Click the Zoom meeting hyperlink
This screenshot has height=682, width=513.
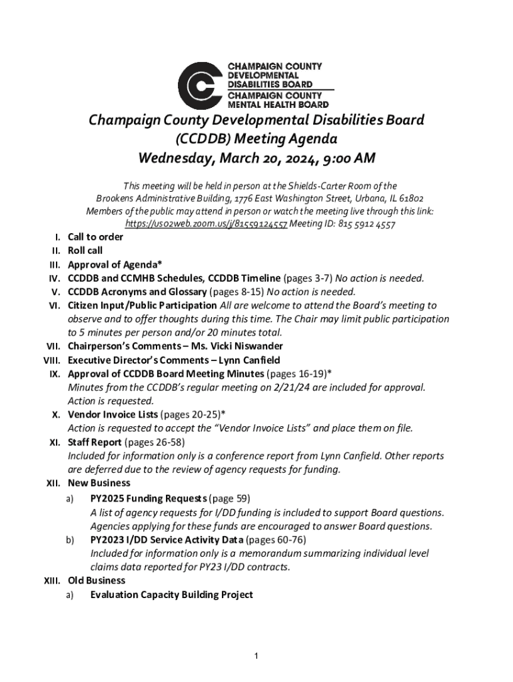pos(207,224)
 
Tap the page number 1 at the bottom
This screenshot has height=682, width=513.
pos(256,657)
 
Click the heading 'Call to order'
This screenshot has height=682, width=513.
pos(95,236)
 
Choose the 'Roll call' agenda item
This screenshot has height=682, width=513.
pos(85,250)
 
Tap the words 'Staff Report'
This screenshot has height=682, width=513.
pos(95,442)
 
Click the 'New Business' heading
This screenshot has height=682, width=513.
pos(99,483)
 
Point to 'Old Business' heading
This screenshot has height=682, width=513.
pos(97,581)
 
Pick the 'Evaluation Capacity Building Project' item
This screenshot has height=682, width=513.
pos(171,595)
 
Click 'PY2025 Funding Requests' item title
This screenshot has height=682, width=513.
pos(149,498)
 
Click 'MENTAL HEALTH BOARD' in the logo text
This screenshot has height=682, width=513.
pos(278,105)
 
